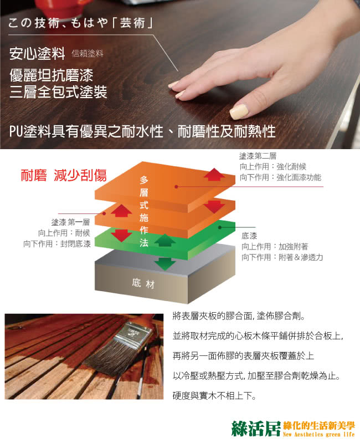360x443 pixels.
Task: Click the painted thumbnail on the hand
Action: click(x=239, y=111)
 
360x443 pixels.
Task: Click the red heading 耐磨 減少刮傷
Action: click(x=64, y=175)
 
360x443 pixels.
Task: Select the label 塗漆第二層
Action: click(x=258, y=156)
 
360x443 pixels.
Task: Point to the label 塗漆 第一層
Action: click(x=70, y=222)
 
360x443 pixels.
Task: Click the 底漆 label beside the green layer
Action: click(x=249, y=236)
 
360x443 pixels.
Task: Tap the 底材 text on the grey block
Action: click(x=143, y=283)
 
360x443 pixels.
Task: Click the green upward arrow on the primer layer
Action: click(x=165, y=240)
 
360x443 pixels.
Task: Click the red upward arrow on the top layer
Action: click(x=214, y=174)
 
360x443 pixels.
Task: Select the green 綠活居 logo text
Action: click(x=256, y=429)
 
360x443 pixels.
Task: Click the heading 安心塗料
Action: click(x=37, y=53)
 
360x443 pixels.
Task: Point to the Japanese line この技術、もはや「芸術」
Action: click(x=81, y=23)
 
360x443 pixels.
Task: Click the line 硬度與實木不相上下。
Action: click(x=214, y=396)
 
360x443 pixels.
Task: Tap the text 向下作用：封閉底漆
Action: click(x=57, y=243)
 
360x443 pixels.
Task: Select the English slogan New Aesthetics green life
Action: click(x=319, y=435)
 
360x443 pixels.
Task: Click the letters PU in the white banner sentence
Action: click(x=16, y=131)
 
